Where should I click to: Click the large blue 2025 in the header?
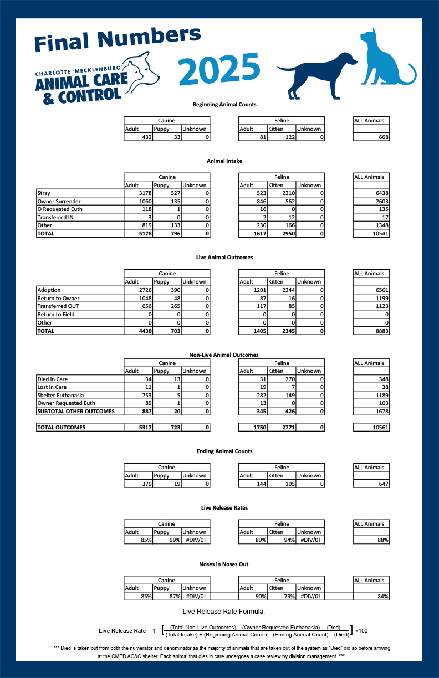coord(219,69)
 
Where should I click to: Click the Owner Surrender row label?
coord(59,201)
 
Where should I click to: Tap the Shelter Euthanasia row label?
coord(62,395)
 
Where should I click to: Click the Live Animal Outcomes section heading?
coord(224,258)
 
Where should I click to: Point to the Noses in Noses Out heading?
coord(224,564)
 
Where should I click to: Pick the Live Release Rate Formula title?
coord(224,611)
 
